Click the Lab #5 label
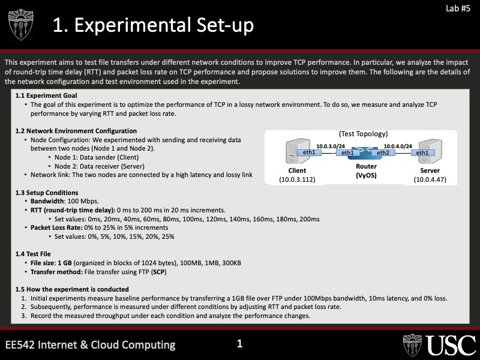pos(458,8)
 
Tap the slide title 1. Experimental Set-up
pos(153,25)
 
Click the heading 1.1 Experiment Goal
pos(46,95)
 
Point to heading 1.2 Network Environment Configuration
pos(76,131)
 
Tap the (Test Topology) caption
pos(364,134)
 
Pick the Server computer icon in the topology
pos(429,151)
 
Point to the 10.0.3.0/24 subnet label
pos(331,145)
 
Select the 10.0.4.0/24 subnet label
pos(398,145)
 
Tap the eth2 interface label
pos(383,152)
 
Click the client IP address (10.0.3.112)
pos(297,179)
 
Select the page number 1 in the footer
pos(239,344)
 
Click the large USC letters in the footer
pos(452,346)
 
